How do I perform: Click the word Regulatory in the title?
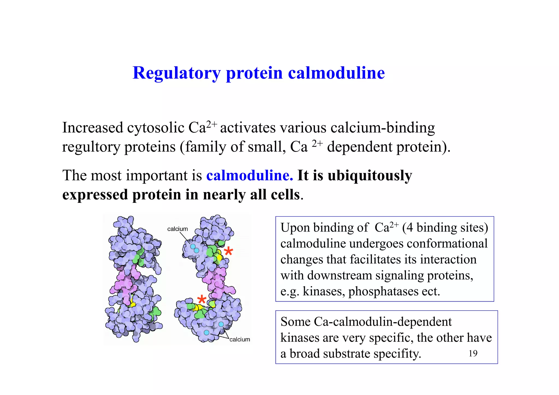(x=176, y=73)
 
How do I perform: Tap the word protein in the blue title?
(x=254, y=73)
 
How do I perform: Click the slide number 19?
(x=473, y=354)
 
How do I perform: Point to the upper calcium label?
(x=177, y=229)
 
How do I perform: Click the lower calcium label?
(x=240, y=339)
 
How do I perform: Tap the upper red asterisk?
(x=228, y=251)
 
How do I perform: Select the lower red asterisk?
(x=202, y=299)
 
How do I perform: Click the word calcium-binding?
(x=383, y=128)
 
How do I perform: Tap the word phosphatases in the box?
(x=383, y=292)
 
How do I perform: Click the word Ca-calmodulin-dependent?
(x=383, y=322)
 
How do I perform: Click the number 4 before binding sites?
(x=409, y=228)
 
